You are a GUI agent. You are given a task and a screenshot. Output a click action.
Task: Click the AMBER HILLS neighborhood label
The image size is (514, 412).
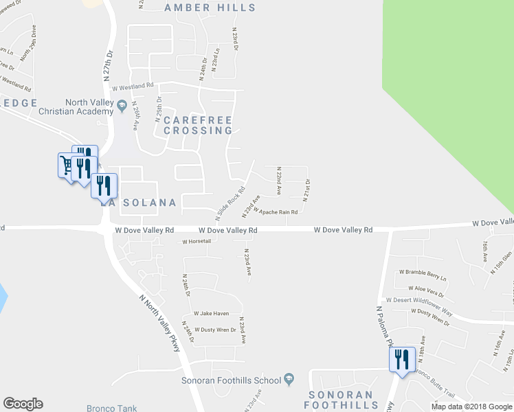point(210,8)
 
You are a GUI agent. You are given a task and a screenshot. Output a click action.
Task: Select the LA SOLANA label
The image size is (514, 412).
point(139,203)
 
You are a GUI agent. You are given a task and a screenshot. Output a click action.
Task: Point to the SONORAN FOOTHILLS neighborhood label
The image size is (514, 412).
point(340,400)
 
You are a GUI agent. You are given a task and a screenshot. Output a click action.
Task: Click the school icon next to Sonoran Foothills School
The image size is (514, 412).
point(290,380)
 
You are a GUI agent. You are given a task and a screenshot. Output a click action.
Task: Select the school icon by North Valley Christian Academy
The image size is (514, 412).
point(122,106)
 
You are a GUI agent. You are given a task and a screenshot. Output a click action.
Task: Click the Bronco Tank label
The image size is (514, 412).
point(111,408)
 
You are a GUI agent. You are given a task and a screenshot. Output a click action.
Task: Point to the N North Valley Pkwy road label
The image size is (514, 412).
point(159,323)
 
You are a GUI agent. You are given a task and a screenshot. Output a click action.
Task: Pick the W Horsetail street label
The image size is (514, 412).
point(195,242)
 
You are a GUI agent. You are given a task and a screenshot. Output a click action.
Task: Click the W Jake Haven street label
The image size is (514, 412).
point(211,313)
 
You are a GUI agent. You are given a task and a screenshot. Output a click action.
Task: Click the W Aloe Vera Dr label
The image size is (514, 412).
point(427,288)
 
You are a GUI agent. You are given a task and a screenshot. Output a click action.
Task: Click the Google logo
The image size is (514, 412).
point(23,404)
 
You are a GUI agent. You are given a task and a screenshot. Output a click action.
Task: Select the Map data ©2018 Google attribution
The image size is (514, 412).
point(471,407)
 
